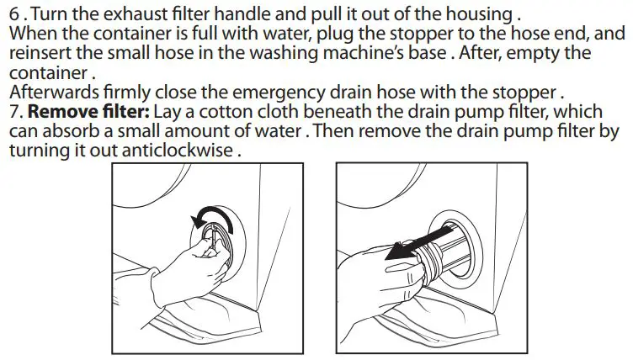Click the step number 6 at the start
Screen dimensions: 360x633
(x=13, y=15)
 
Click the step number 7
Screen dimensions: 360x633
(x=14, y=112)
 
